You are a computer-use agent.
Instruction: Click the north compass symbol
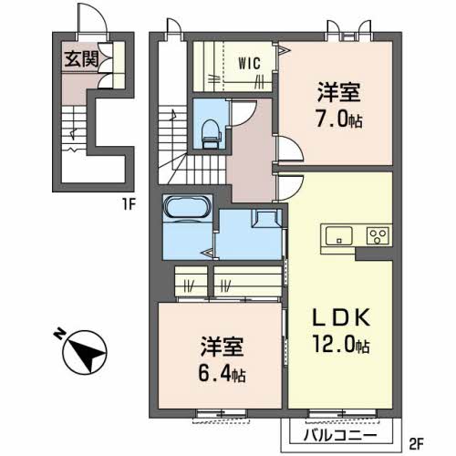coord(83,350)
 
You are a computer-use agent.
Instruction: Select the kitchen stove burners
coord(376,236)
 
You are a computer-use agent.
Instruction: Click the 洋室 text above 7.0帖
coord(337,91)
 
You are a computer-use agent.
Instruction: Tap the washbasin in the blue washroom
coord(267,219)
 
